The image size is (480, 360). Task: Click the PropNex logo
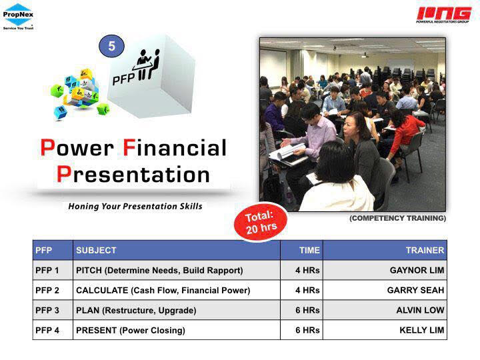click(x=18, y=17)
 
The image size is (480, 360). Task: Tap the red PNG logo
click(x=443, y=15)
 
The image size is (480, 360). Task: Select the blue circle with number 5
click(x=111, y=46)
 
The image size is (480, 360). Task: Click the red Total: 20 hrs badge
click(x=261, y=222)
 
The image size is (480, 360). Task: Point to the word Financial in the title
click(x=175, y=148)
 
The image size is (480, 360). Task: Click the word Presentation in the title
click(x=133, y=175)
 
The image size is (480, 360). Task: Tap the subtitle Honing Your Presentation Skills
click(x=135, y=206)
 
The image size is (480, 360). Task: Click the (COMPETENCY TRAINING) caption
click(x=397, y=218)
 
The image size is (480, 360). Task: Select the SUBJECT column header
click(x=96, y=251)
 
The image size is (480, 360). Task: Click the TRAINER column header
click(x=425, y=251)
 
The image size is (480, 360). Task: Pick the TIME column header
click(x=309, y=251)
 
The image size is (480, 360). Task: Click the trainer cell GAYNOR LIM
click(x=417, y=270)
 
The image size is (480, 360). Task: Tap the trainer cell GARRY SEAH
click(x=415, y=290)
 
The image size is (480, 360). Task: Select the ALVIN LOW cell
click(x=420, y=311)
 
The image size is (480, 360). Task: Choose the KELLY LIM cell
click(x=421, y=330)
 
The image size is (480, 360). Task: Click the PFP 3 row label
click(x=47, y=311)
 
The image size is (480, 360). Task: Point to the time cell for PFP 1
click(x=307, y=270)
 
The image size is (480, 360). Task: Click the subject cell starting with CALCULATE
click(x=163, y=290)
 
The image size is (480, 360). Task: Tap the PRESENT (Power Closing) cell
click(x=131, y=330)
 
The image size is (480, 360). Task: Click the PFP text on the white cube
click(x=123, y=79)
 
